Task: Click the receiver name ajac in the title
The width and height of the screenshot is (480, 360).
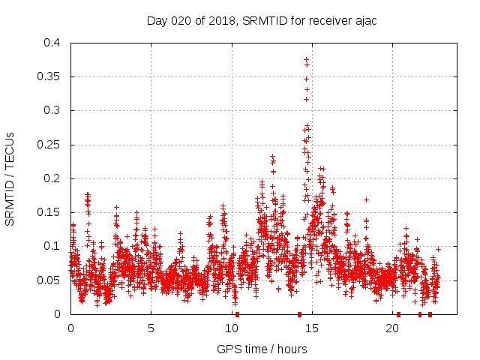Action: tap(364, 20)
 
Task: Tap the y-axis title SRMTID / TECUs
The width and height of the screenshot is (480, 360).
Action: tap(10, 178)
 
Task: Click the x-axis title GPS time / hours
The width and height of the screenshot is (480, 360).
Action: tap(262, 349)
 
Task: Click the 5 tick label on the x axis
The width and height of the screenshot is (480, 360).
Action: tap(151, 328)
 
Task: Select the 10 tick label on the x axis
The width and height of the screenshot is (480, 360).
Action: tap(232, 328)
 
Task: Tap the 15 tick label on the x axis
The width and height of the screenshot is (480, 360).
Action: tap(312, 328)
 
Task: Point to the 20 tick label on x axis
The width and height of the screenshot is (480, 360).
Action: tap(392, 328)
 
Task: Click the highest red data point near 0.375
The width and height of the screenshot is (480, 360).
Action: tap(306, 58)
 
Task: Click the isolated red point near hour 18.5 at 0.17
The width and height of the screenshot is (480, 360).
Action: tap(366, 199)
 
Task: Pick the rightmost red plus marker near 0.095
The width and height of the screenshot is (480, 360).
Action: tap(438, 248)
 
